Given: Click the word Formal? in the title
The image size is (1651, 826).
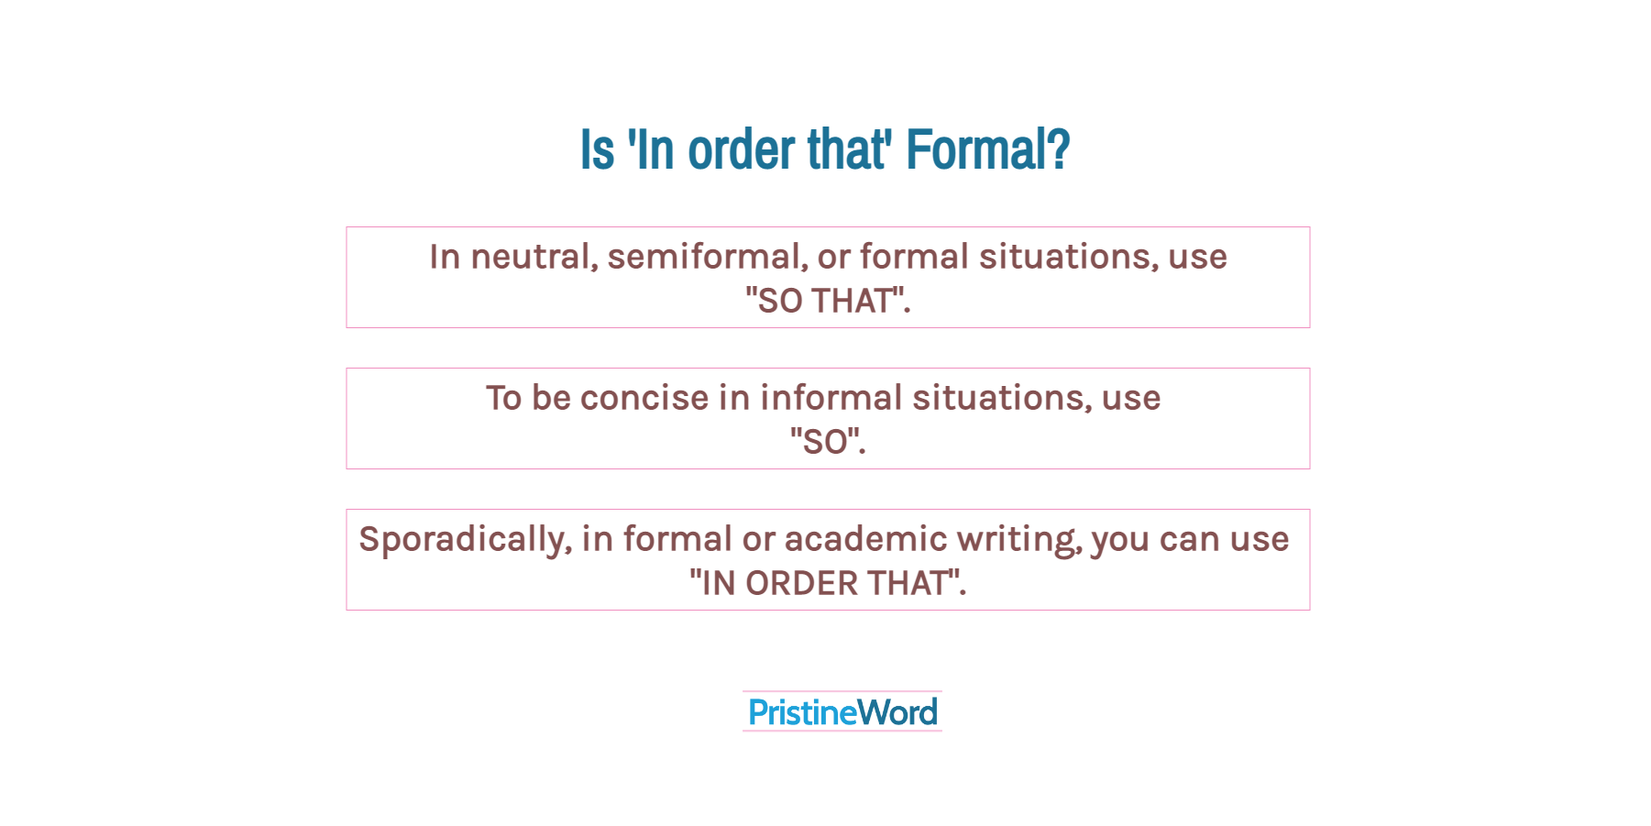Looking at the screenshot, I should pyautogui.click(x=987, y=149).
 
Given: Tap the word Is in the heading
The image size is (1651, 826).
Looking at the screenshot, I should pyautogui.click(x=597, y=149).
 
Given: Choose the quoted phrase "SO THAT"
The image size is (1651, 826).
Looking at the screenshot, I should pyautogui.click(x=827, y=301).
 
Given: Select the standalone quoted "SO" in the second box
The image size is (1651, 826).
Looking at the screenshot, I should pyautogui.click(x=827, y=442).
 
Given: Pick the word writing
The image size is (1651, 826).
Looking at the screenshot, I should pyautogui.click(x=1019, y=539).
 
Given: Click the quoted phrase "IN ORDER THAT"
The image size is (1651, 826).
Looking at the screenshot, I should pyautogui.click(x=827, y=583).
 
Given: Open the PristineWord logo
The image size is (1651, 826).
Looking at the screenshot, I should pyautogui.click(x=842, y=712).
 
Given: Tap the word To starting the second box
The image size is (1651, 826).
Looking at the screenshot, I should pyautogui.click(x=503, y=398).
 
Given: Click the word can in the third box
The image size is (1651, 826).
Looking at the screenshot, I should pyautogui.click(x=1190, y=539).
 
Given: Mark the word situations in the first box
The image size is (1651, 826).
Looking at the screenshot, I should pyautogui.click(x=1068, y=257).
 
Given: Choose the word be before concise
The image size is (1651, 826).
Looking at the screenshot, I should pyautogui.click(x=551, y=398).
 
